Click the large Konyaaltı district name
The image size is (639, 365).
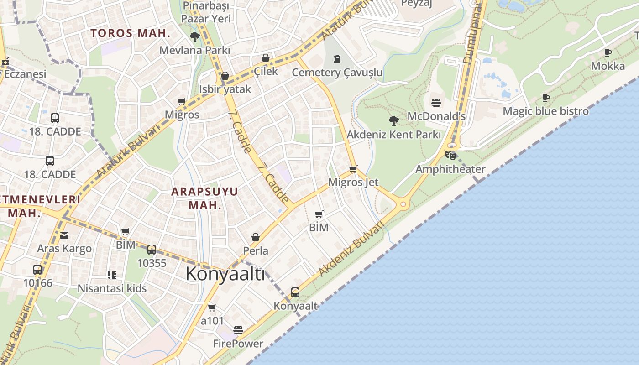(x=225, y=274)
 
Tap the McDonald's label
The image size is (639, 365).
(x=436, y=116)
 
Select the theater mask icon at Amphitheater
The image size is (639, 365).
(x=450, y=156)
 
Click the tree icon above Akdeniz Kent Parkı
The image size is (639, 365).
(x=393, y=121)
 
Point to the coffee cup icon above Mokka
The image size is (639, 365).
(x=608, y=53)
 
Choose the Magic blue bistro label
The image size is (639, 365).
(x=545, y=111)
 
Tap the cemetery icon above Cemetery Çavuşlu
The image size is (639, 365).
(x=337, y=59)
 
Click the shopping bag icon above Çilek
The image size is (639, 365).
(x=266, y=58)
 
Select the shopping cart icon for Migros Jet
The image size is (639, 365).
(x=353, y=169)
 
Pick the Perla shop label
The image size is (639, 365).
(x=256, y=250)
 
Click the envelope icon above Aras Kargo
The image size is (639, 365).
(x=64, y=235)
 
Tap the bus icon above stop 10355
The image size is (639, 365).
(x=152, y=250)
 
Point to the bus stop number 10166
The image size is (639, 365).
(x=37, y=283)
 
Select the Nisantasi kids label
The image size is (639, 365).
(x=112, y=288)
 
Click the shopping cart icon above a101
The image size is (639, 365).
(x=212, y=308)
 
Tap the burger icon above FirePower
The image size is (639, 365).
(x=238, y=330)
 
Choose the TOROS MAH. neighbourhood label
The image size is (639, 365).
(x=130, y=33)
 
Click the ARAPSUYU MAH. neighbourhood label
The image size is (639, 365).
(x=204, y=198)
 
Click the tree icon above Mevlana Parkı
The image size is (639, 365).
(x=195, y=37)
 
